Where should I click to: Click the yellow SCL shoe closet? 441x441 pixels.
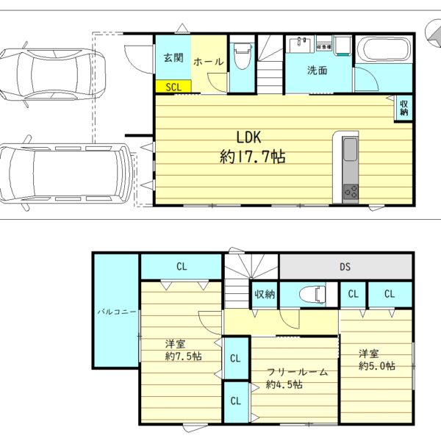[x=173, y=86]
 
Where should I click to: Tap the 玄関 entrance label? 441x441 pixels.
[x=173, y=57]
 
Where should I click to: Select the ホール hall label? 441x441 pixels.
[x=209, y=61]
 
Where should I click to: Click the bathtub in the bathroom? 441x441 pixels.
[x=384, y=49]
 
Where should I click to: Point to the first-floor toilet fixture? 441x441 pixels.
[x=242, y=56]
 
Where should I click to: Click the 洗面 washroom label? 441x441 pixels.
[x=317, y=70]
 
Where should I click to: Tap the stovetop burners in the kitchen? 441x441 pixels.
[x=351, y=193]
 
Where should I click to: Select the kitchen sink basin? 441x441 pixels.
[x=350, y=149]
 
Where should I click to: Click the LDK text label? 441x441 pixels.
[x=248, y=137]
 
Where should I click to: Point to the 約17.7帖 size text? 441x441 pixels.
[x=252, y=157]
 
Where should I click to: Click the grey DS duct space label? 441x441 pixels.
[x=345, y=266]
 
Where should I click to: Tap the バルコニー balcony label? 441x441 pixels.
[x=117, y=312]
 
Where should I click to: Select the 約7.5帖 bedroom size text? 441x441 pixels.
[x=183, y=356]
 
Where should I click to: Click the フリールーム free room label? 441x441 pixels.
[x=297, y=372]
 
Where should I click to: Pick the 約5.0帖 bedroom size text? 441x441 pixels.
[x=377, y=365]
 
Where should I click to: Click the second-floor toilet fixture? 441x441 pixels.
[x=312, y=295]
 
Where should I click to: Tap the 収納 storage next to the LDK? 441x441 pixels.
[x=404, y=108]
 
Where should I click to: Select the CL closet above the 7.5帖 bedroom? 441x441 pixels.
[x=182, y=266]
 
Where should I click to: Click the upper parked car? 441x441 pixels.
[x=53, y=74]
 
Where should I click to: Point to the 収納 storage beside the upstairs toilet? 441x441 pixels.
[x=265, y=295]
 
